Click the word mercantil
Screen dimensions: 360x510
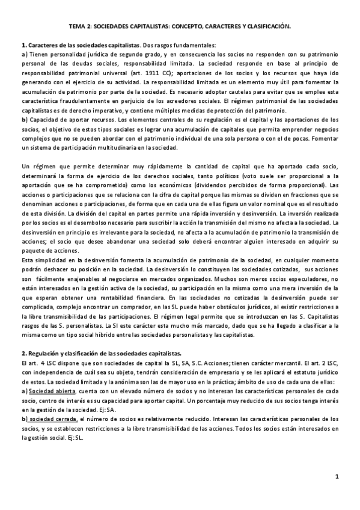point(252,364)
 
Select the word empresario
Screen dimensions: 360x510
point(198,372)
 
